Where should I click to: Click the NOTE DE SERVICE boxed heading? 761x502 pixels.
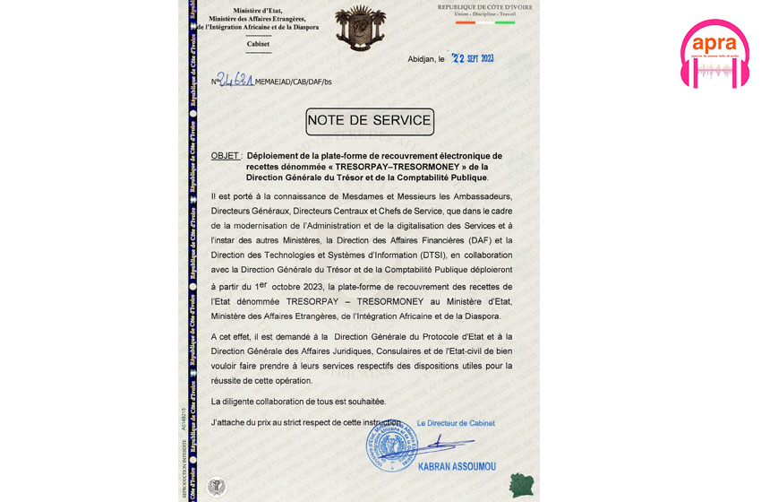point(369,120)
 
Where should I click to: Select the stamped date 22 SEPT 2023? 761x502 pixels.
point(473,58)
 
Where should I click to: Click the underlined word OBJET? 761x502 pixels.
point(225,155)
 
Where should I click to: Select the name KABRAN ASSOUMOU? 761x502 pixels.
point(457,466)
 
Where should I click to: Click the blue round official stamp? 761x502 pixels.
point(391,446)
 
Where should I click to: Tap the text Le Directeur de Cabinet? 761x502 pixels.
point(456,423)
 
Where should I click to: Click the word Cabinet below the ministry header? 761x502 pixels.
point(257,43)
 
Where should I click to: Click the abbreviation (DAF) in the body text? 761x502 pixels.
point(451,239)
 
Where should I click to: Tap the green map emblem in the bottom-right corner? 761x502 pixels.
point(519,485)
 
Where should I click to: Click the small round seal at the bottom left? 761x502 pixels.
point(216,485)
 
